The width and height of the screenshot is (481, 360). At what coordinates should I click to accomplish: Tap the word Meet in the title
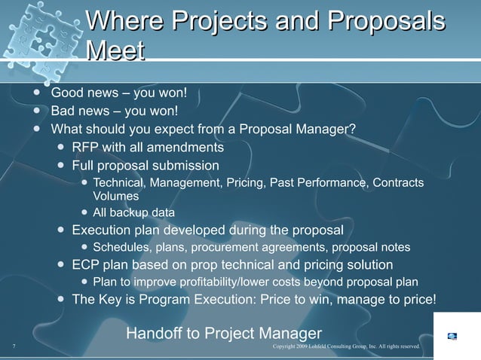[x=115, y=52]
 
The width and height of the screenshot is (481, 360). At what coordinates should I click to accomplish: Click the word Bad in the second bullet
[x=63, y=111]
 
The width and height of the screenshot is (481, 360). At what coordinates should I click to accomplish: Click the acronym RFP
[x=86, y=146]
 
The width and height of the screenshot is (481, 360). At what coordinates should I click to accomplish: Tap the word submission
[x=185, y=165]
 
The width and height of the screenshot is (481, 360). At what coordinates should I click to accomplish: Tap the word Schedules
[x=121, y=247]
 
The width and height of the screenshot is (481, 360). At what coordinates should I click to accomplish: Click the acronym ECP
[x=87, y=265]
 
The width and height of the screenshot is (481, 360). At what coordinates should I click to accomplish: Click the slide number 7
[x=14, y=346]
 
